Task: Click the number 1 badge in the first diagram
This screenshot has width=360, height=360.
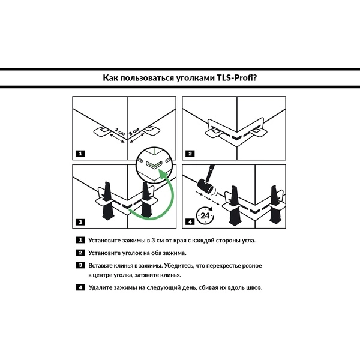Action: click(80, 154)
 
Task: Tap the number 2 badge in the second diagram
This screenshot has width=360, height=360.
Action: click(190, 154)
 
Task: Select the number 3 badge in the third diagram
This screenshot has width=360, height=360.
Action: click(80, 222)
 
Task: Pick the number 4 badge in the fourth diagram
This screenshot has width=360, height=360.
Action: click(190, 222)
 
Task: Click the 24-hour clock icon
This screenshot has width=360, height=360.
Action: click(206, 215)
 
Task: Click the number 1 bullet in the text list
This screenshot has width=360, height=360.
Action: click(80, 240)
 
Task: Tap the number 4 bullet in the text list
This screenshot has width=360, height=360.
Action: click(80, 287)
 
